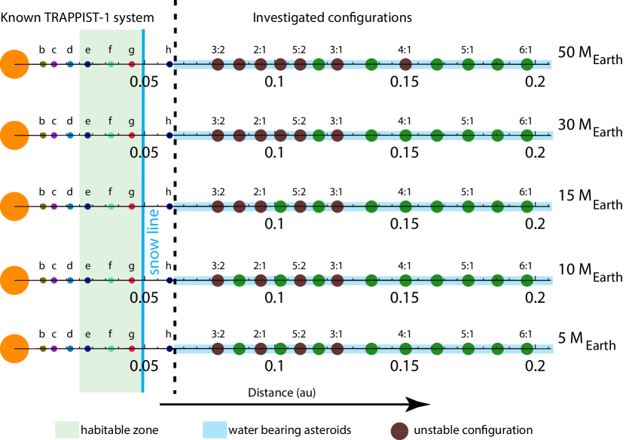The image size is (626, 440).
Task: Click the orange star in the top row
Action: tap(14, 64)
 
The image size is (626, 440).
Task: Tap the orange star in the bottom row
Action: tap(14, 349)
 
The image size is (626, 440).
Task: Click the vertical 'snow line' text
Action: tap(154, 241)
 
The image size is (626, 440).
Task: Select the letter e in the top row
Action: tap(87, 50)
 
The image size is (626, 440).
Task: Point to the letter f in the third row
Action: tap(110, 192)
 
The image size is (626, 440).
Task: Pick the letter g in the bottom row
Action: tap(131, 335)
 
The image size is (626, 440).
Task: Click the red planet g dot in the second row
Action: tap(132, 136)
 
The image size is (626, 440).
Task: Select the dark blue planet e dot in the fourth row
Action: tap(87, 280)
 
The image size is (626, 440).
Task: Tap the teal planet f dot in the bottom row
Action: tap(111, 349)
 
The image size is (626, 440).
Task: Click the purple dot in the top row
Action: tap(54, 64)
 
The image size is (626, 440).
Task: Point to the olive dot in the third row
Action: tap(43, 206)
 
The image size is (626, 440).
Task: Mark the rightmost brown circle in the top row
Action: tap(405, 65)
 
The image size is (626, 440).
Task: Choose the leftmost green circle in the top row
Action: tap(319, 65)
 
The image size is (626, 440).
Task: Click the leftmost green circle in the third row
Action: tap(280, 206)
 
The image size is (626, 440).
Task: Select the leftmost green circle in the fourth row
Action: tap(240, 280)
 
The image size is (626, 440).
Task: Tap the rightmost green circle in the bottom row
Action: tap(527, 349)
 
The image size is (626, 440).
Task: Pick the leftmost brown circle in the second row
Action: tap(218, 136)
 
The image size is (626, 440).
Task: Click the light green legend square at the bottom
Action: tap(67, 429)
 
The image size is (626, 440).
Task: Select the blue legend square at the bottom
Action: tap(215, 429)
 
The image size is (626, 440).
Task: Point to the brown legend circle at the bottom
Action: tap(399, 431)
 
